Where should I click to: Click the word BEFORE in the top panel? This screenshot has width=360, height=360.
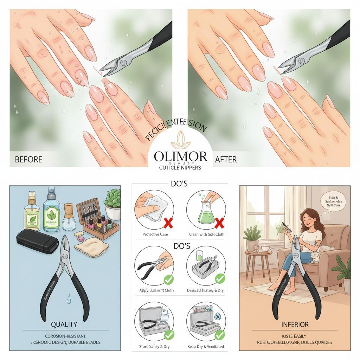click(x=28, y=159)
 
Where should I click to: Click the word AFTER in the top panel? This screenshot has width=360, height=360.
click(x=226, y=159)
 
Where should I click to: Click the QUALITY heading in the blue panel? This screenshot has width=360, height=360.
click(x=64, y=324)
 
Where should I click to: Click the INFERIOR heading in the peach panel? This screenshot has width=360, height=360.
click(x=295, y=324)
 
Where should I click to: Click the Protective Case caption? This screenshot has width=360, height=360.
click(x=155, y=234)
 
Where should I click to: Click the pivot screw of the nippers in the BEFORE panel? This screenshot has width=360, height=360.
click(x=123, y=63)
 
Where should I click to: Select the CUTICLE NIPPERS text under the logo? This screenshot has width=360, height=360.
click(x=180, y=168)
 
